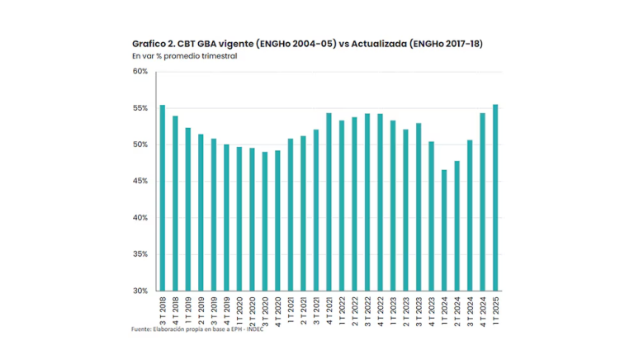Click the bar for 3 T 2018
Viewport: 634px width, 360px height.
(163, 198)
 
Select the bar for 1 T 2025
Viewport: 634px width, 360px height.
(495, 197)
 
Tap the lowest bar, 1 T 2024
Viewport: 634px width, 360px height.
(445, 230)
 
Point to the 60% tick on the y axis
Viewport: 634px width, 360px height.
(140, 72)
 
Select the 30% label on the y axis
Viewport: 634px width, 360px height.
(140, 291)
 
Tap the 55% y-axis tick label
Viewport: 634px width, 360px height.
(140, 108)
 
